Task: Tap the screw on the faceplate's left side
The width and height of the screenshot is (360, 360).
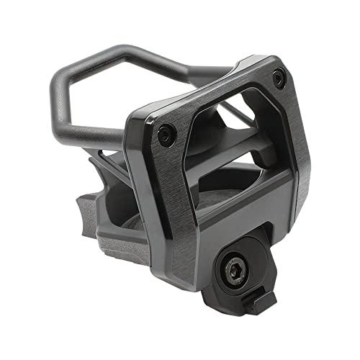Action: tap(166, 133)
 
